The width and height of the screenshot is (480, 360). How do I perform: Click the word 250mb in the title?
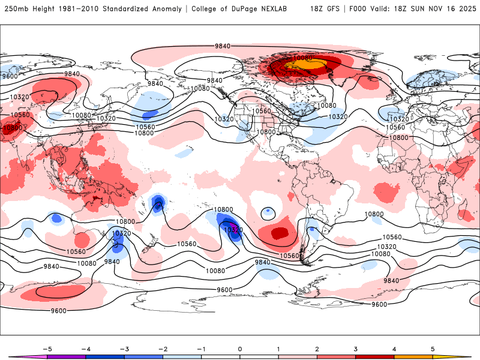pyautogui.click(x=15, y=9)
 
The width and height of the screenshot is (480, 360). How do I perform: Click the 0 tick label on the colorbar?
pyautogui.click(x=240, y=349)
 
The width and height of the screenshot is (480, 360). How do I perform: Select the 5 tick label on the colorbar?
pyautogui.click(x=433, y=349)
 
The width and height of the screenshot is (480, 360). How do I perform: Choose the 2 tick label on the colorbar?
pyautogui.click(x=317, y=349)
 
